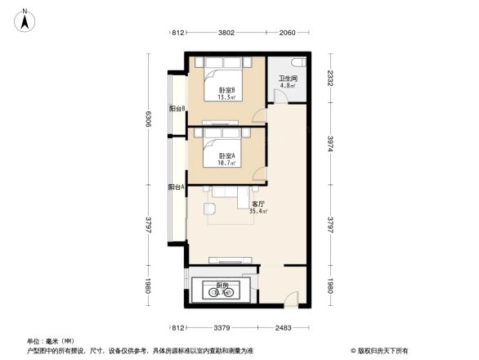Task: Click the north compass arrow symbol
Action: coord(25,18)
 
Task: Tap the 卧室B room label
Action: coord(226,90)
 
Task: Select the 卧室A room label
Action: coord(226,155)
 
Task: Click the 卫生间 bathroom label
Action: coord(288,79)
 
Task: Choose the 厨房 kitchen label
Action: coord(222,286)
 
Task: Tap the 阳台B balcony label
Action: coord(177,108)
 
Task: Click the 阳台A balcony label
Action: coord(176,187)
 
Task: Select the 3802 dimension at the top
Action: coord(226,33)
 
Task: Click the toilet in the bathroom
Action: coord(300,63)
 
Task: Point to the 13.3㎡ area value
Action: coord(226,97)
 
